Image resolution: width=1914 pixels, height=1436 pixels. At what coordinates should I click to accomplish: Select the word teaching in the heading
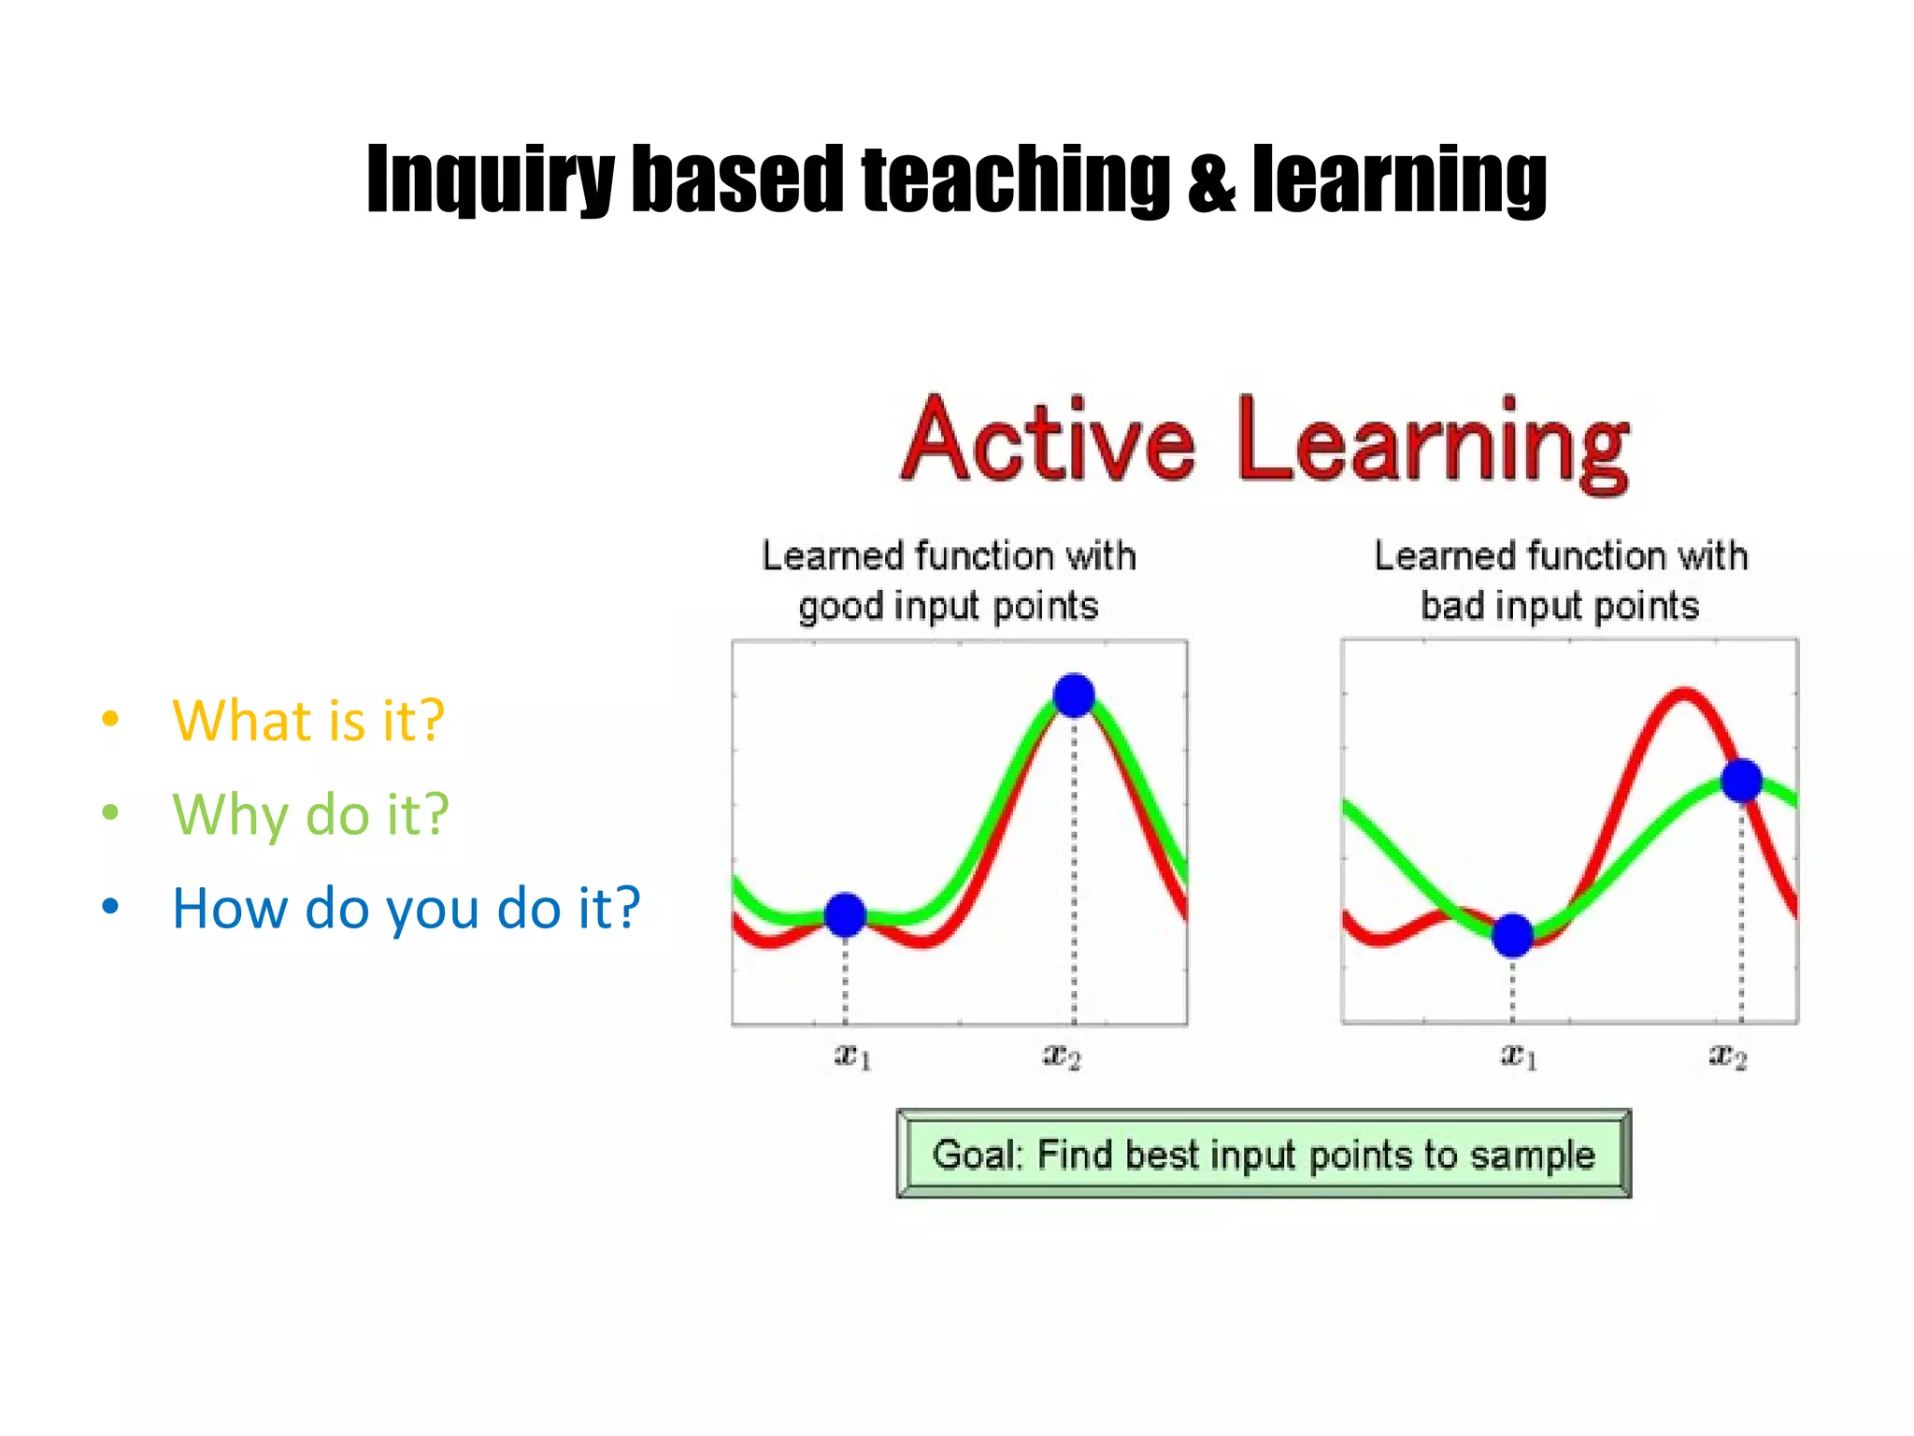click(x=1015, y=179)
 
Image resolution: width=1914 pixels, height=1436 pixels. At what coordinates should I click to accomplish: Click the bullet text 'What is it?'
click(x=308, y=721)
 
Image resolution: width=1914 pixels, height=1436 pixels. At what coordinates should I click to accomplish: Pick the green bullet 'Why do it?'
click(x=310, y=814)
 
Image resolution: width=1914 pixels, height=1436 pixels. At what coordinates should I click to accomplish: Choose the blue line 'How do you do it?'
click(x=407, y=908)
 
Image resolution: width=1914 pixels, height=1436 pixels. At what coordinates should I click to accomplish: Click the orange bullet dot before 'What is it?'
click(x=110, y=719)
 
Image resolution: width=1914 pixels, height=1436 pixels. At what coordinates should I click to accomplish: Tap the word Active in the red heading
click(x=1048, y=440)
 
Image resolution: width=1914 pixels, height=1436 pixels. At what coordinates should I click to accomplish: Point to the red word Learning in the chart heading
click(x=1433, y=444)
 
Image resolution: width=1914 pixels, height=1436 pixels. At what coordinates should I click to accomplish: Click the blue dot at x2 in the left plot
click(x=1074, y=696)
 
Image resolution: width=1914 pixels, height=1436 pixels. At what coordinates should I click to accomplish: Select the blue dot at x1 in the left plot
click(x=846, y=914)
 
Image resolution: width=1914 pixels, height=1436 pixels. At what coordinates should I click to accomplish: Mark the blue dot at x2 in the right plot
click(x=1742, y=781)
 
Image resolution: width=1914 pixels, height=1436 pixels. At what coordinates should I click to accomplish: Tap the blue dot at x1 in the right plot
click(x=1513, y=935)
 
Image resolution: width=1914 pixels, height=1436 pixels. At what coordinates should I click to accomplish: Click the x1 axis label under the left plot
click(x=852, y=1056)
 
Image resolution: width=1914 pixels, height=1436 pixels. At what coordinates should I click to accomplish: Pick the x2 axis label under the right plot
click(x=1728, y=1056)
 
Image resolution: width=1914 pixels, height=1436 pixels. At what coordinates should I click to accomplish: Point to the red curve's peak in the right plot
click(x=1683, y=694)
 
